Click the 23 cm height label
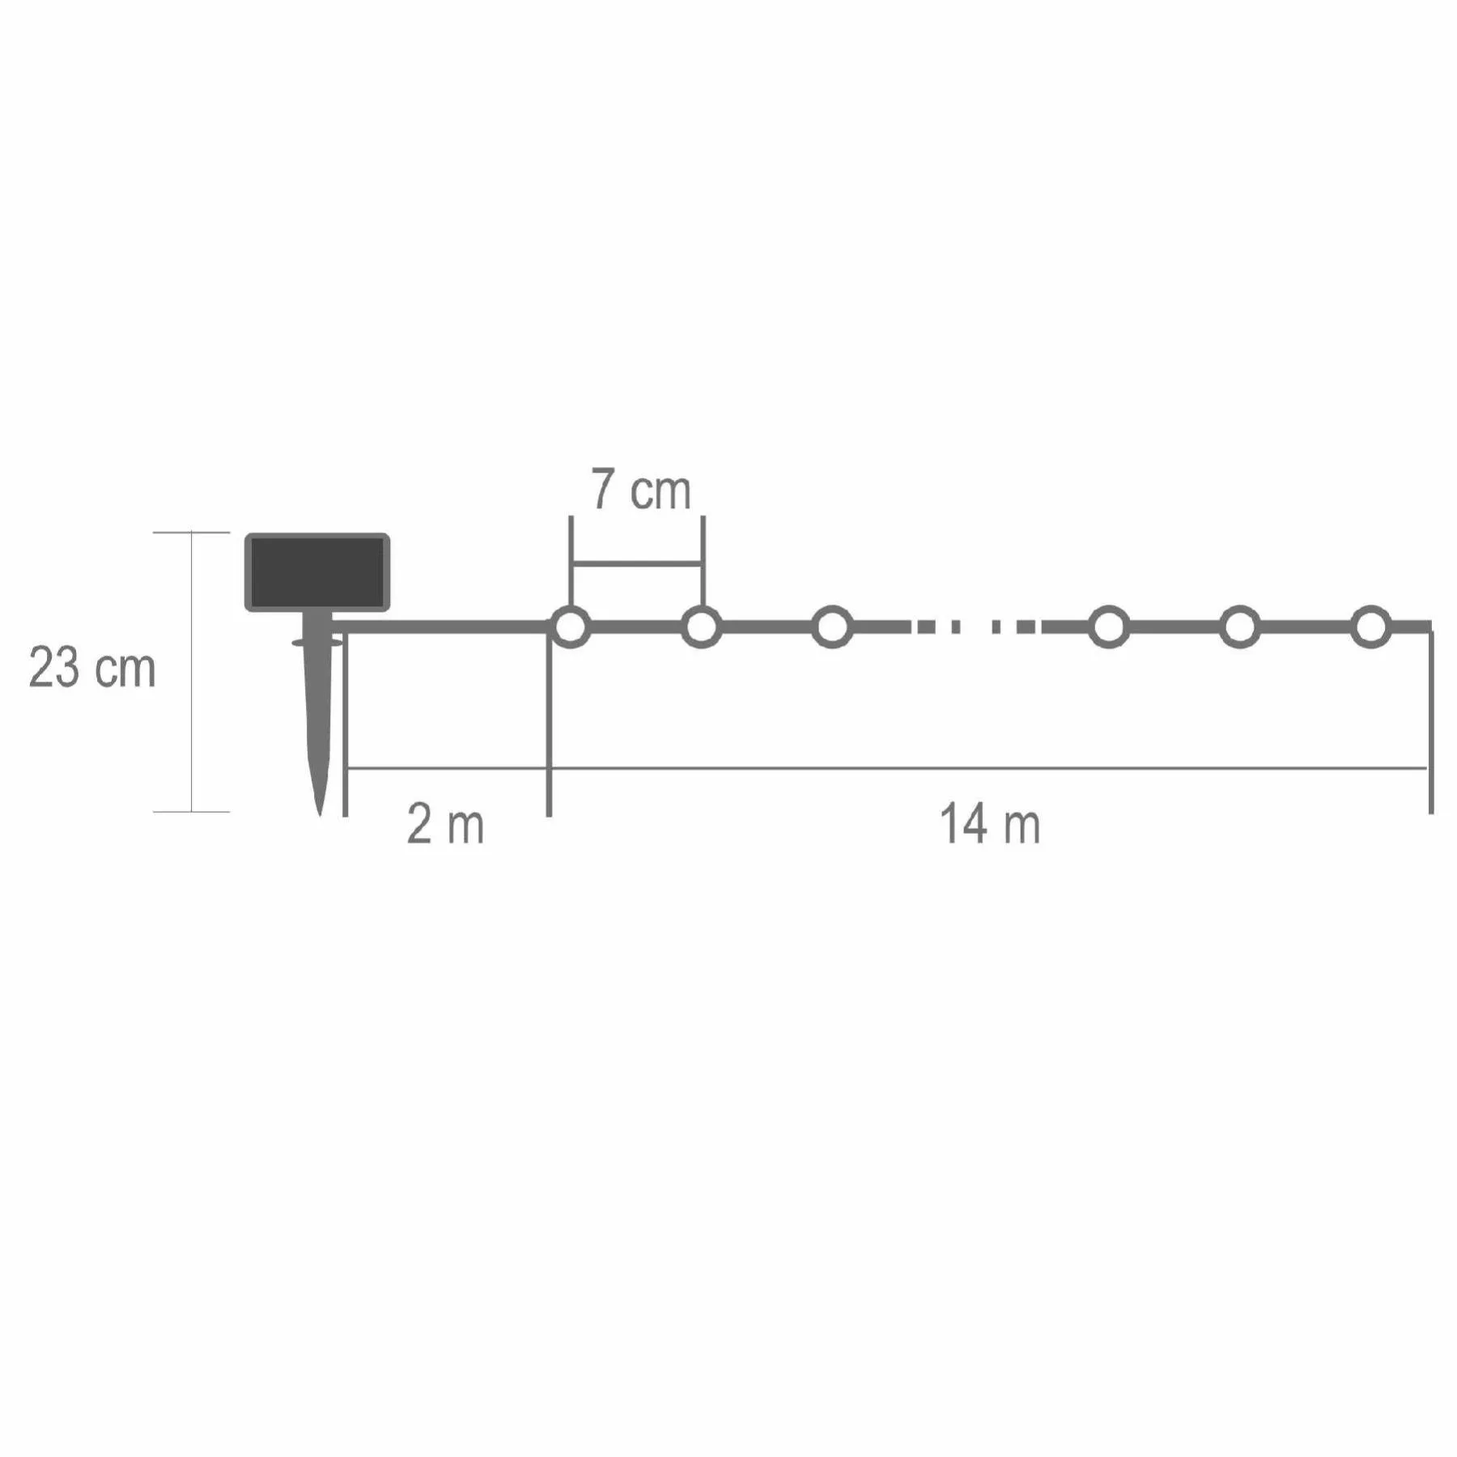click(91, 668)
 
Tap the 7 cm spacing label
click(640, 490)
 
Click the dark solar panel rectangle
click(317, 571)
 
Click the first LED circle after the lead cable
click(571, 627)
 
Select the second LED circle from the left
click(702, 627)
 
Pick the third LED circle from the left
click(833, 627)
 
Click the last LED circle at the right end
click(1370, 627)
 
